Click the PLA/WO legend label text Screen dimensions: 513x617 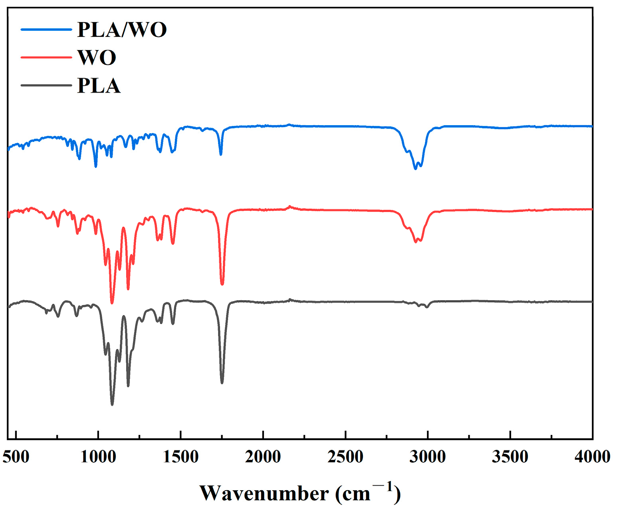coord(121,30)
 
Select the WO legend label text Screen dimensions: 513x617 coord(97,58)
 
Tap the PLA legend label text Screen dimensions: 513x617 coord(99,86)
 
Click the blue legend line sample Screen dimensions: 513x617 coord(46,29)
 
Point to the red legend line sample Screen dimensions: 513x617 coord(46,57)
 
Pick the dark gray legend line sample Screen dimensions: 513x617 coord(46,85)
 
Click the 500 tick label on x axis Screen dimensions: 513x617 coord(16,457)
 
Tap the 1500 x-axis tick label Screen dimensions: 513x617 coord(181,457)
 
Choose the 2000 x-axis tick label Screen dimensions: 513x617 coord(263,457)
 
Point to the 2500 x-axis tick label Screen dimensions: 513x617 coord(345,457)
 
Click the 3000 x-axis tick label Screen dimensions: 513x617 coord(428,457)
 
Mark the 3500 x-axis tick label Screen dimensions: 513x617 coord(510,457)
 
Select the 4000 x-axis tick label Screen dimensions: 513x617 coord(592,457)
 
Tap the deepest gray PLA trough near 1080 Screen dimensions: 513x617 coord(112,404)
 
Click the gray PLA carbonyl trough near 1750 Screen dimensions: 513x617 coord(222,383)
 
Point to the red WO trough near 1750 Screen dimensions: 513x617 coord(222,284)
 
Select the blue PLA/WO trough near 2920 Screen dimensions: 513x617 coord(415,168)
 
